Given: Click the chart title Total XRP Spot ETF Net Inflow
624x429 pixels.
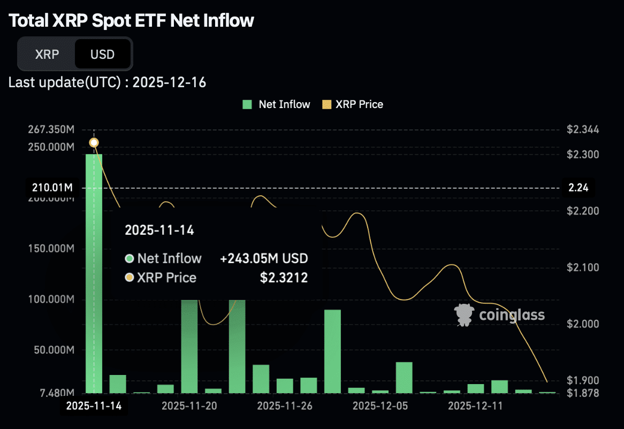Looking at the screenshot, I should tap(132, 21).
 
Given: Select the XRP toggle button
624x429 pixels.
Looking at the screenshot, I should tap(47, 54).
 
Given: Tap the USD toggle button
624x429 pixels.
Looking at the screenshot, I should tap(102, 54).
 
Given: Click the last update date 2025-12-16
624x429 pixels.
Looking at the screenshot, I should tap(169, 82).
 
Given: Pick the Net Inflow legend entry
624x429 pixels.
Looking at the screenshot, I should tap(276, 105).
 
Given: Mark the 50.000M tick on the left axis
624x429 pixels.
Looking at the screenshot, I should tap(51, 350).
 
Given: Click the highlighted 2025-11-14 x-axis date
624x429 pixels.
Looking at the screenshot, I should tap(94, 406).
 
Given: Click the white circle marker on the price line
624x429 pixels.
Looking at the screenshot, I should tap(94, 142).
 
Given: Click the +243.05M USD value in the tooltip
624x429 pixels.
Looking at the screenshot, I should tap(264, 259).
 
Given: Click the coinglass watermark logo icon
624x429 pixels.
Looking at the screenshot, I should tap(463, 315).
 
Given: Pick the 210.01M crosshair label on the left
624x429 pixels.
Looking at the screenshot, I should tap(51, 188).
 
